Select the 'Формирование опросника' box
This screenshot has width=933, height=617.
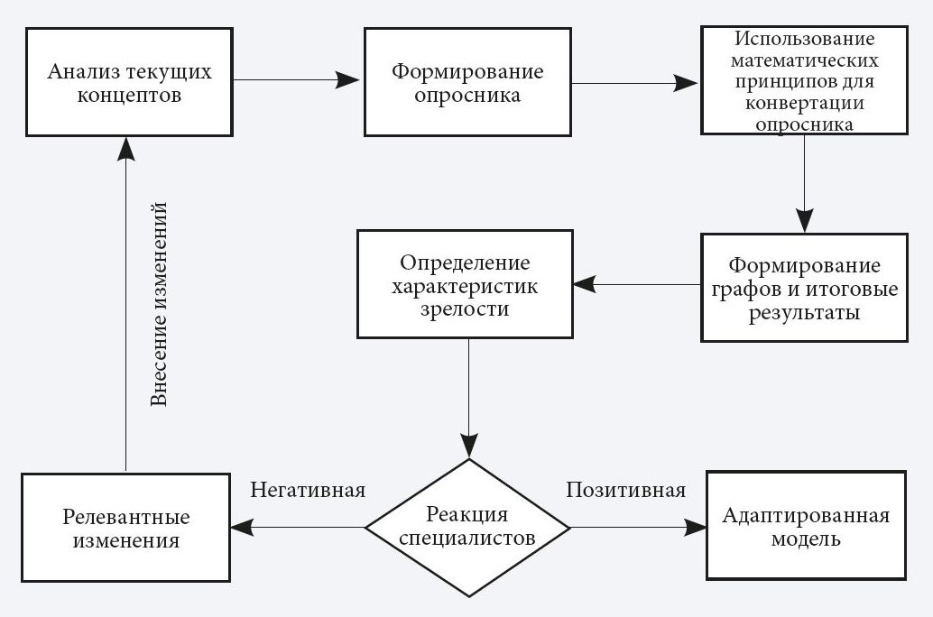tap(467, 82)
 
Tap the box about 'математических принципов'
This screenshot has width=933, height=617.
tap(804, 82)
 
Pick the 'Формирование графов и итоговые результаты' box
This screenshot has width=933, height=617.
tap(804, 289)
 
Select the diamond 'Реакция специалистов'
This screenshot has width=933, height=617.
tap(467, 527)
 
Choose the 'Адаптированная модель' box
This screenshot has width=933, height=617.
tap(806, 527)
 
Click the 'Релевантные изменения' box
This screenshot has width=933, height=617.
tap(126, 529)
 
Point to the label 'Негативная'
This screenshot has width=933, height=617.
tap(308, 491)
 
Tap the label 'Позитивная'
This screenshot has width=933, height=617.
tap(625, 491)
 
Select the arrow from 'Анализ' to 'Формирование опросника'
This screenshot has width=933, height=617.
tap(298, 80)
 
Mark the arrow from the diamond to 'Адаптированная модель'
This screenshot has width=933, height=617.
tap(637, 527)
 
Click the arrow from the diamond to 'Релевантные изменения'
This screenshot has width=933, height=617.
tap(298, 527)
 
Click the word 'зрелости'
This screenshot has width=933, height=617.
tap(465, 308)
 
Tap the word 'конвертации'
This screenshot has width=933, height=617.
tap(804, 104)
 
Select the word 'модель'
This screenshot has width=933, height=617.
tap(806, 539)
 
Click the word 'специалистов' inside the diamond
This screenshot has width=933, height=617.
tap(467, 539)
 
